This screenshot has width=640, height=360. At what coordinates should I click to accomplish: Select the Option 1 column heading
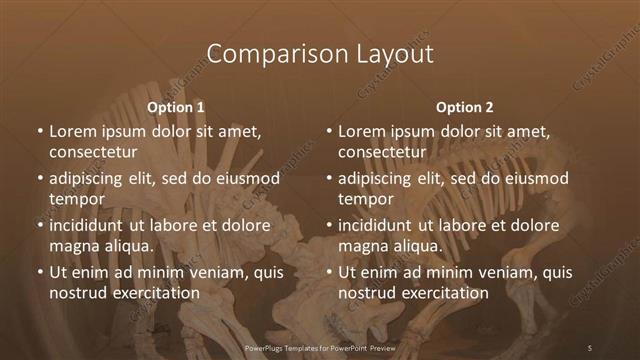point(176,106)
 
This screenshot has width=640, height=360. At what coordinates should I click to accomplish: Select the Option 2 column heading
point(465,106)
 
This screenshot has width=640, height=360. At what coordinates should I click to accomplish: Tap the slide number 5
point(590,347)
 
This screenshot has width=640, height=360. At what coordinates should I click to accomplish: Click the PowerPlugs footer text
point(320,347)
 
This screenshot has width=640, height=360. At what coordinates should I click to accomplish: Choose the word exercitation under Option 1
point(155,293)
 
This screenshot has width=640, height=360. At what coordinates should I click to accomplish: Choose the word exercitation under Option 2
point(444,293)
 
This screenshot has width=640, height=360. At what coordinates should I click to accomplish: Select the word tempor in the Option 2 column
point(364,200)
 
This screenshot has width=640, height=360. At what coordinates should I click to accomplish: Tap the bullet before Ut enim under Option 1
point(39,272)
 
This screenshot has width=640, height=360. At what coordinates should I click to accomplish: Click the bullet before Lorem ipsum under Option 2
point(328,132)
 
